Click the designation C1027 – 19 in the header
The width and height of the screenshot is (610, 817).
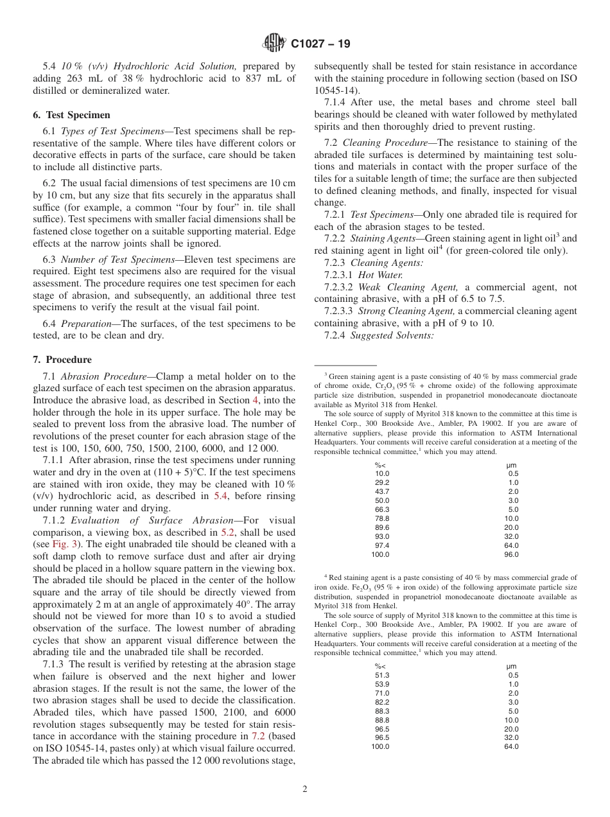point(320,44)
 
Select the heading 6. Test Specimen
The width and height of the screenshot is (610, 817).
point(71,115)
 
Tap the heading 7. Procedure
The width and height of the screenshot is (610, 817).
point(62,360)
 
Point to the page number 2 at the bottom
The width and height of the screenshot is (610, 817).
point(305,789)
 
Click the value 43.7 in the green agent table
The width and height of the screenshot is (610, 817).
point(382,491)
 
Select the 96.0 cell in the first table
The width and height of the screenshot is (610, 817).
point(511,554)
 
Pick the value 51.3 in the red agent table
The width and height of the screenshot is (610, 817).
point(382,675)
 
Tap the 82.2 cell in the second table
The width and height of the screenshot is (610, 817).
point(382,702)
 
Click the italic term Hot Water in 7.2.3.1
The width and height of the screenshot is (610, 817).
point(380,275)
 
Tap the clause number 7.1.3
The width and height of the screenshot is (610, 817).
point(54,664)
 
